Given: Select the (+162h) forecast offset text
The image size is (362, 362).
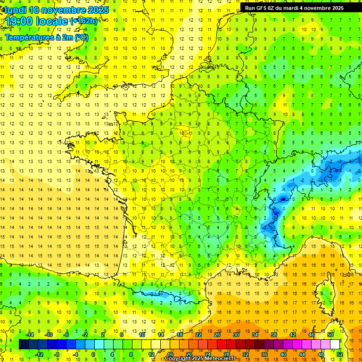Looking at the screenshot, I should (84, 21).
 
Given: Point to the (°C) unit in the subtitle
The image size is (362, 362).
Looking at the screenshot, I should (81, 37).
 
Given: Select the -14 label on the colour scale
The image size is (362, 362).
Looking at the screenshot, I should (30, 334).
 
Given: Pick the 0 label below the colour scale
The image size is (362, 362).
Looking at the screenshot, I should (93, 354).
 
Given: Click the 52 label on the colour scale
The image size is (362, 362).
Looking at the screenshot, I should (340, 354).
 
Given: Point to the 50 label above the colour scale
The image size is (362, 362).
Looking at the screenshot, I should (331, 334).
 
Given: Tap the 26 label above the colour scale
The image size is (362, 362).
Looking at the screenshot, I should (217, 334).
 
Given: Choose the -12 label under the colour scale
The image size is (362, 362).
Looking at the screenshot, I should (39, 354).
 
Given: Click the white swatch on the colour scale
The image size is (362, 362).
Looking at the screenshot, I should (335, 345).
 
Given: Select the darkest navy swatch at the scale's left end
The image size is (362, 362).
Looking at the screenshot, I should (24, 345).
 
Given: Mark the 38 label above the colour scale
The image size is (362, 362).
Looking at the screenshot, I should (274, 334).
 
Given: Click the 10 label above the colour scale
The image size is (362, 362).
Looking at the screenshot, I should (141, 334).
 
